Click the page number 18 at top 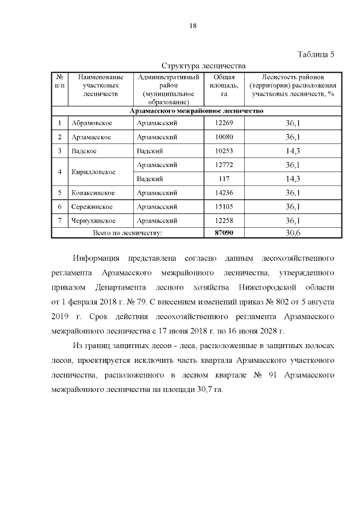(x=192, y=26)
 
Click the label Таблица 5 (x=316, y=55)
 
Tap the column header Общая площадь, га (x=216, y=85)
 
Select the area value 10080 (x=216, y=137)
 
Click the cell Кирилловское (x=93, y=172)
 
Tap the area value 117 (x=216, y=179)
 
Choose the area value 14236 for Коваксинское (x=216, y=193)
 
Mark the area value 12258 (x=216, y=220)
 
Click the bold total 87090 (x=216, y=232)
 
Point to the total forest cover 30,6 (x=292, y=232)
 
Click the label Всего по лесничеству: (x=128, y=232)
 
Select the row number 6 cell (x=60, y=207)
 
